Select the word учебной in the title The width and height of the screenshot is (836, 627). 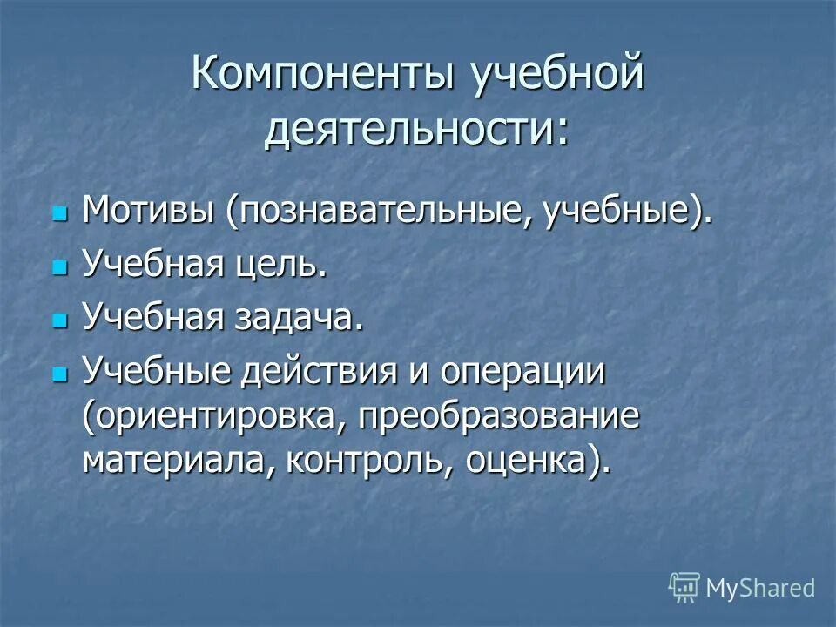pyautogui.click(x=558, y=75)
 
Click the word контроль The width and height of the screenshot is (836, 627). pyautogui.click(x=367, y=460)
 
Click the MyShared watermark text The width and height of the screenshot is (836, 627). pyautogui.click(x=760, y=588)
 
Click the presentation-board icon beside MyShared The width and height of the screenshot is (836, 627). pyautogui.click(x=684, y=588)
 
